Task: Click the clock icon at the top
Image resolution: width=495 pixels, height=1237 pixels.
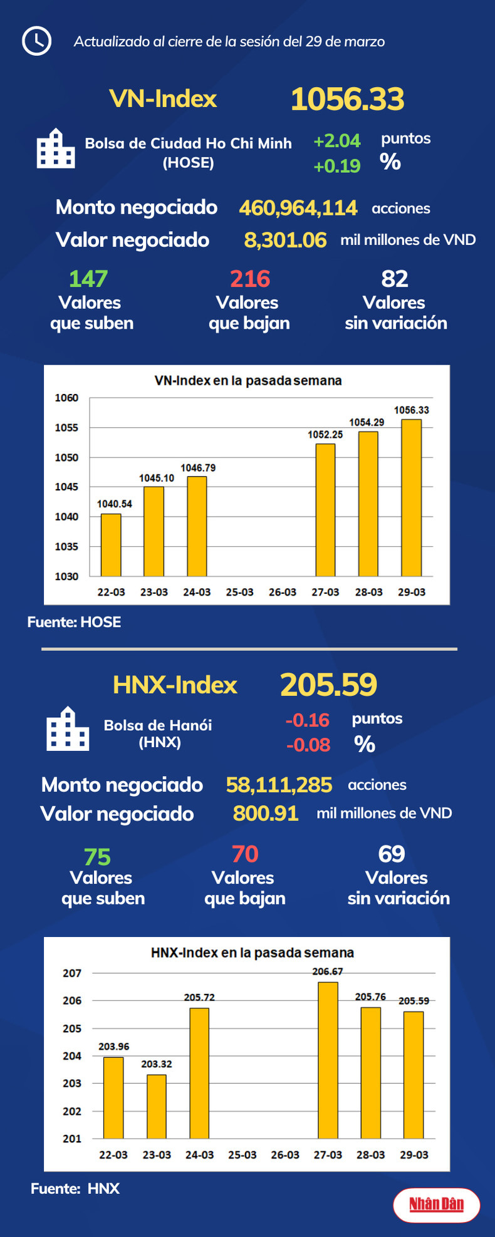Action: pos(36,41)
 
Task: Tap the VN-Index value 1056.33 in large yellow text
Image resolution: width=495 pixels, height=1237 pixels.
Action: pos(347,100)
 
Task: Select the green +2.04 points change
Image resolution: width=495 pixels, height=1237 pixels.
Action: pos(337,141)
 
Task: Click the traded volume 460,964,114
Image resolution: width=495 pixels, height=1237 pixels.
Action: pos(298,208)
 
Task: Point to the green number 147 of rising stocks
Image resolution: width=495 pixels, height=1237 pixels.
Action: pos(88,279)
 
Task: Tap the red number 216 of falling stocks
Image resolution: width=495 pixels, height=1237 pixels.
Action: pos(250,279)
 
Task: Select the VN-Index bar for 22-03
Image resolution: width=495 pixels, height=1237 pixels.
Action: pos(111,545)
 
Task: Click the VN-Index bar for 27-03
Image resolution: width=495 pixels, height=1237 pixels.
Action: pos(325,510)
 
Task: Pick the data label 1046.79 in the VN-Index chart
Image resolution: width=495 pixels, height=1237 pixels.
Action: pos(198,468)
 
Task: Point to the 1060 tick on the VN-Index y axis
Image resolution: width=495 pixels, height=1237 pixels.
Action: pos(66,398)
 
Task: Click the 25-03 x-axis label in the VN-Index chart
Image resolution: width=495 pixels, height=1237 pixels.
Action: pos(239,592)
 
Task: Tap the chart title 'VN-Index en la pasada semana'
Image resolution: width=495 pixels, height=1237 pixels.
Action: pos(248,381)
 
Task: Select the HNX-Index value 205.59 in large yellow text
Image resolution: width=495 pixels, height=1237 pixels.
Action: pos(328,685)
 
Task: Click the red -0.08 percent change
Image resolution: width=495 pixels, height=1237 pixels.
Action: pos(308,745)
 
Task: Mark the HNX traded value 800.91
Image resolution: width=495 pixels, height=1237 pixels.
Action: pos(266,813)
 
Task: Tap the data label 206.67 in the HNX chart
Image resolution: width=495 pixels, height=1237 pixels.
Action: pos(328,971)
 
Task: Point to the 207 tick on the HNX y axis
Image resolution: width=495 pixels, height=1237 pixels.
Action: pos(72,973)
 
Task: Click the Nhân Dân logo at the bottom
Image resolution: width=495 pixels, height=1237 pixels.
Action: pos(436,1204)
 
